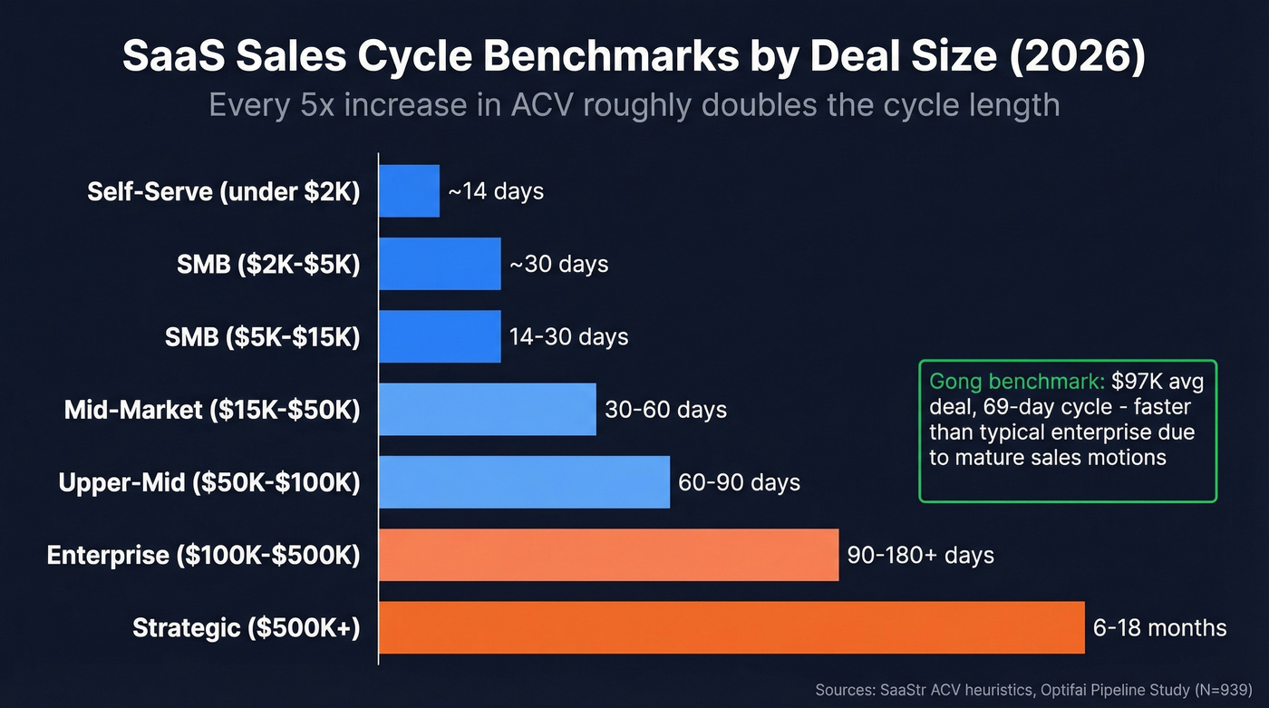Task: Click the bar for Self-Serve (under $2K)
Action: coord(409,191)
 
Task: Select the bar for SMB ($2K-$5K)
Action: coord(440,264)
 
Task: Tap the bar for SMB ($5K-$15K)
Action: coord(440,336)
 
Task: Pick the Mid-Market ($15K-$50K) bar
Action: coord(487,409)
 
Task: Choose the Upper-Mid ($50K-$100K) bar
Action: coord(524,481)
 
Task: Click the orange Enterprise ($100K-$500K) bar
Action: coord(608,555)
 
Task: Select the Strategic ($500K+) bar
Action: coord(731,627)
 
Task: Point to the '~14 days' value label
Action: coord(496,191)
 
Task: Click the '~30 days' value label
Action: coord(558,264)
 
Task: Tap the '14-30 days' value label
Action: coord(568,336)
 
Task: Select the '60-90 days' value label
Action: coord(739,481)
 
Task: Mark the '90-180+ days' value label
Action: coord(920,555)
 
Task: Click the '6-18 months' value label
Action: coord(1159,627)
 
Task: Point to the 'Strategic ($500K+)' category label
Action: coord(246,627)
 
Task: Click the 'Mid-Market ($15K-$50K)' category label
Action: coord(212,410)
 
